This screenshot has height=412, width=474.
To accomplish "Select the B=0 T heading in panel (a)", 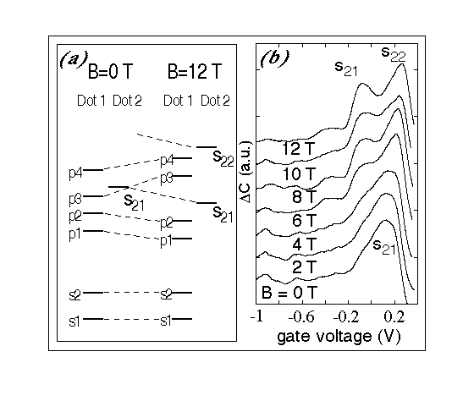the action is [110, 72].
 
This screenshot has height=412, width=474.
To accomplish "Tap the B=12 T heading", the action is [195, 71].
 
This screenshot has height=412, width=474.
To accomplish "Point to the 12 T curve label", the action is [298, 148].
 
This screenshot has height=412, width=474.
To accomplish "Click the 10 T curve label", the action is [299, 174].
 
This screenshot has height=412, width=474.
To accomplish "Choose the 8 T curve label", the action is [304, 197].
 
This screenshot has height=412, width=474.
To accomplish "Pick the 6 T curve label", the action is [304, 220].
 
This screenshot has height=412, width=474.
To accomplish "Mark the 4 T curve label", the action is [304, 244].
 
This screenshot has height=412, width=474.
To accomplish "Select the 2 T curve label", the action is [304, 267].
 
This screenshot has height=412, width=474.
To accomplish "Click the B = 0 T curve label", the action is [289, 292].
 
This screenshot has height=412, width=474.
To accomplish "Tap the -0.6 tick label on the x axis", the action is [301, 317].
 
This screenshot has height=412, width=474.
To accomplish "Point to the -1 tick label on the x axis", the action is [256, 317].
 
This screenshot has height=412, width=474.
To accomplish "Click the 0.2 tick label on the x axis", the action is [394, 317].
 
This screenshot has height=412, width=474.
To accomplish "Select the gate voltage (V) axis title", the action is [339, 336].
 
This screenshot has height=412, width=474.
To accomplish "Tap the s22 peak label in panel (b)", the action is [394, 54].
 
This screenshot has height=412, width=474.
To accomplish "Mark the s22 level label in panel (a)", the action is [223, 158].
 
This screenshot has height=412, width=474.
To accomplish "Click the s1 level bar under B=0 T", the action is [93, 319].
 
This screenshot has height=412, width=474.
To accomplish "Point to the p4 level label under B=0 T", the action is [75, 173].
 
